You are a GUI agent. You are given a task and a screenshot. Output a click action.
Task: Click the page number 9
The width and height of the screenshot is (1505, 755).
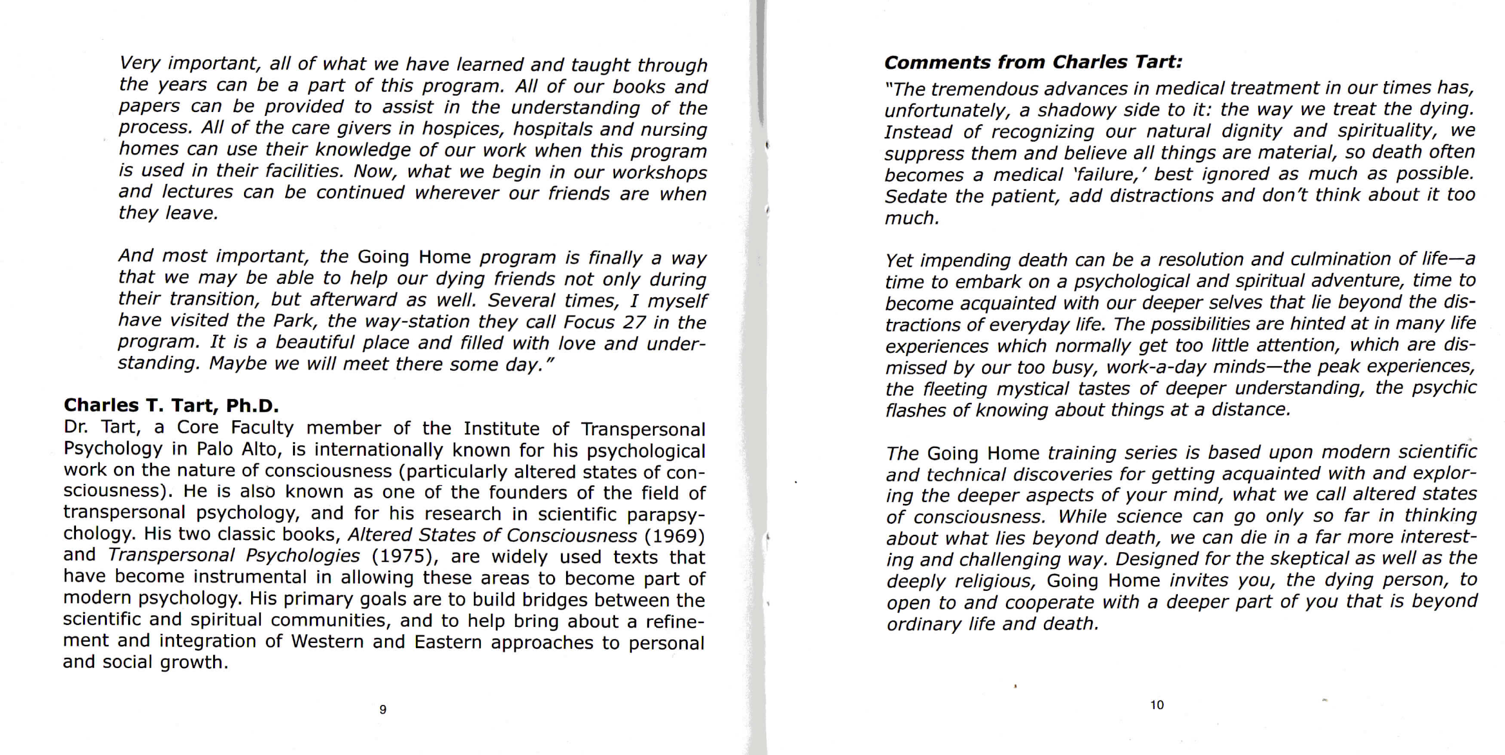[383, 709]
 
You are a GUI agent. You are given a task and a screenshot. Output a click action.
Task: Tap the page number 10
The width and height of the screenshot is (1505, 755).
[1157, 705]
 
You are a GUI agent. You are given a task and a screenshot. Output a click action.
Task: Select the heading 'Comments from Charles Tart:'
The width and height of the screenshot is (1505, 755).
[1033, 62]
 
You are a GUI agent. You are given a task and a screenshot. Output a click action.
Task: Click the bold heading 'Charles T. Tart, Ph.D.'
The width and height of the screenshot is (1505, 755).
[171, 405]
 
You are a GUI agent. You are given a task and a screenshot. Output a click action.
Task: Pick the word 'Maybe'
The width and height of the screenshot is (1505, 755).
[238, 364]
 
